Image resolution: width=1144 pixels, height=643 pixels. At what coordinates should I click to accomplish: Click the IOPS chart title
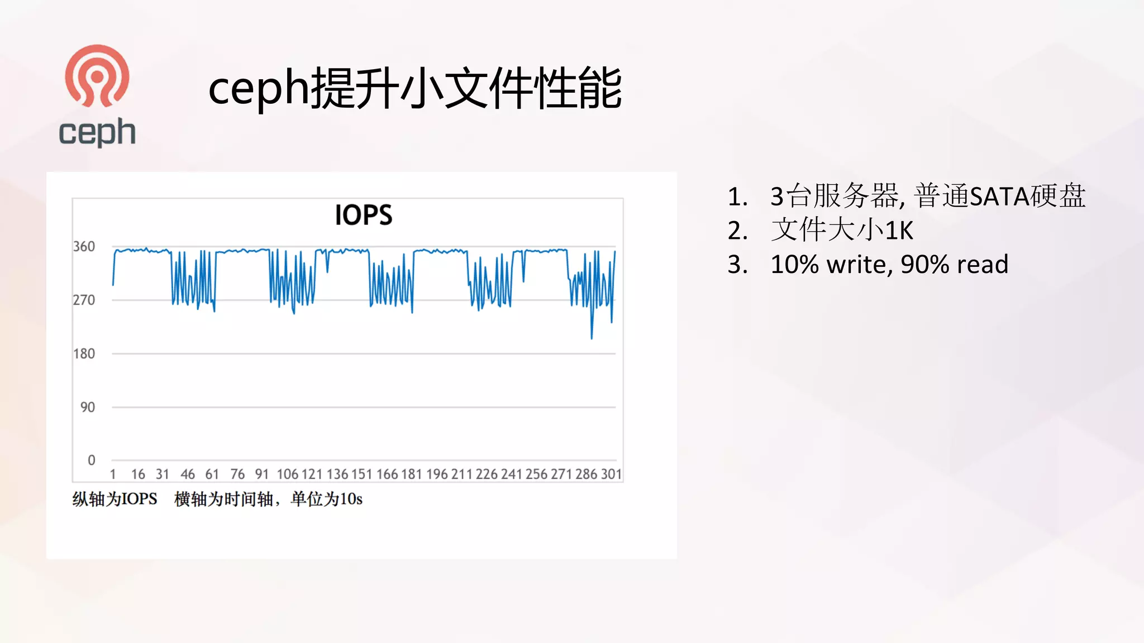364,215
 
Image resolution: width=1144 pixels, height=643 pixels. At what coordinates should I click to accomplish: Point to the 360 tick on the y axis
84,247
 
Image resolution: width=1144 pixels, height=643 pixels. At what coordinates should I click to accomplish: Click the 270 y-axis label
84,300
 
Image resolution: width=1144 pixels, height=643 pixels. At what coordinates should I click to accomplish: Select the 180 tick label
84,354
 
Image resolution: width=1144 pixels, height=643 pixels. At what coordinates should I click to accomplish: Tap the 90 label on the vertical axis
88,407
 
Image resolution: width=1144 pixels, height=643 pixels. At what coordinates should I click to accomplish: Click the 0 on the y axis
92,460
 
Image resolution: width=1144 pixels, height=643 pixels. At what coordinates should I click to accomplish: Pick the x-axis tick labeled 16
138,474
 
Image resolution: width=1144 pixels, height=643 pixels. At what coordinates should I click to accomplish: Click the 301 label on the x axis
611,474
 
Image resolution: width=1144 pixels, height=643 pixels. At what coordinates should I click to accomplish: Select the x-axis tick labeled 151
361,474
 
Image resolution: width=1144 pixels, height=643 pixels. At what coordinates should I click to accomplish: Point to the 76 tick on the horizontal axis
237,474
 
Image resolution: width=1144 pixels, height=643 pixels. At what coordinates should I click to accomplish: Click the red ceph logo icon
97,76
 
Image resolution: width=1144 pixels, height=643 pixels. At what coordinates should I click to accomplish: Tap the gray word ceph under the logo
97,132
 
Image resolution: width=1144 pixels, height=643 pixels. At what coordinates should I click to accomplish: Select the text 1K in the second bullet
899,231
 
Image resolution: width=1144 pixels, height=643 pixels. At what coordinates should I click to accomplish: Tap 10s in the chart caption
351,499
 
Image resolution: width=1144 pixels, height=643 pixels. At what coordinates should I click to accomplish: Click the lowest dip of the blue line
592,337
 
